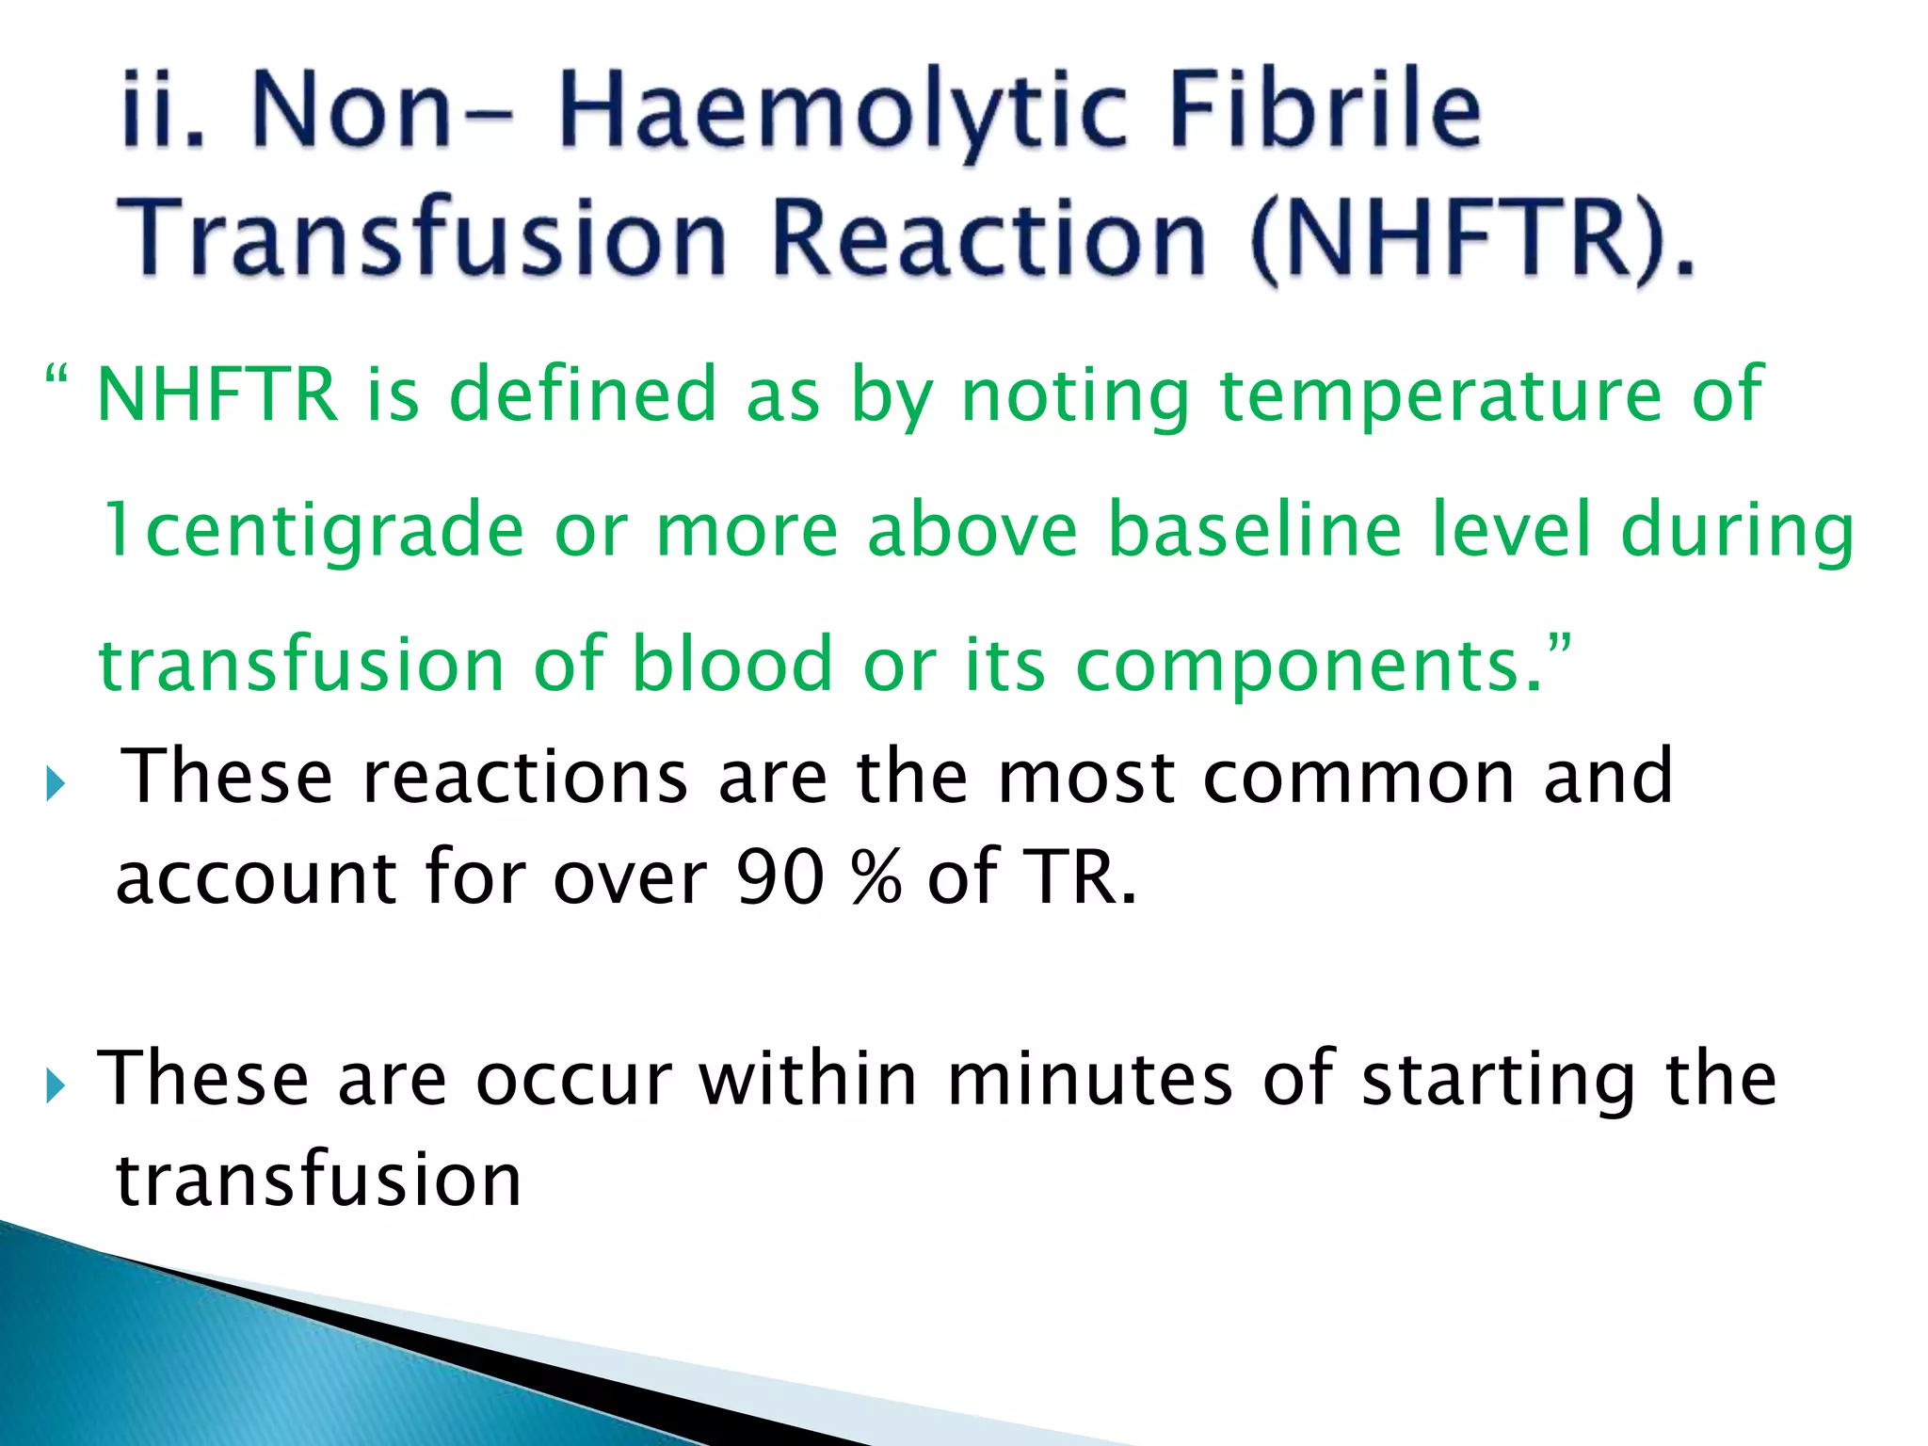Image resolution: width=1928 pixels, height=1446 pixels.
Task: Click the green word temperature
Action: pos(1440,395)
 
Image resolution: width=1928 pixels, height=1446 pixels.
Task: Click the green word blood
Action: pos(731,664)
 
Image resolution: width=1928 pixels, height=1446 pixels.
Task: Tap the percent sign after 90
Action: pos(876,877)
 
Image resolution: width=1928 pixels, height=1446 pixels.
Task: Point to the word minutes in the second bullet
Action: pos(1089,1079)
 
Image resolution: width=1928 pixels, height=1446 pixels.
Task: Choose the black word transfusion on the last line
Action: pos(318,1181)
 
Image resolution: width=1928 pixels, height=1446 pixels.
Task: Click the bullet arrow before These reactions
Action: pos(55,783)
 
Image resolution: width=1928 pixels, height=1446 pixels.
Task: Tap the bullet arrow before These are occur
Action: pos(55,1087)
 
